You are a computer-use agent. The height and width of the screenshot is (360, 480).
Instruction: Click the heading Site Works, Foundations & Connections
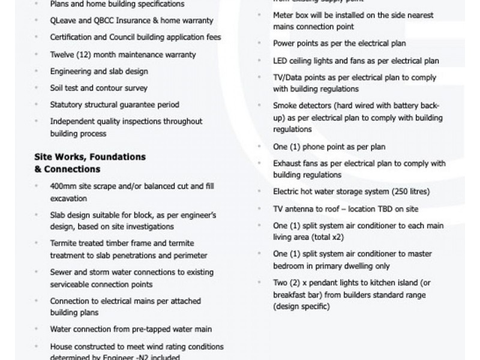[90, 163]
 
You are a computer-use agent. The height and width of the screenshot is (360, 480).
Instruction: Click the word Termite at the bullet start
[64, 244]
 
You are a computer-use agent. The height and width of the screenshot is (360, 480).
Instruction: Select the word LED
[280, 61]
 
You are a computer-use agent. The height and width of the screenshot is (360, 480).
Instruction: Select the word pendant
[328, 283]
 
